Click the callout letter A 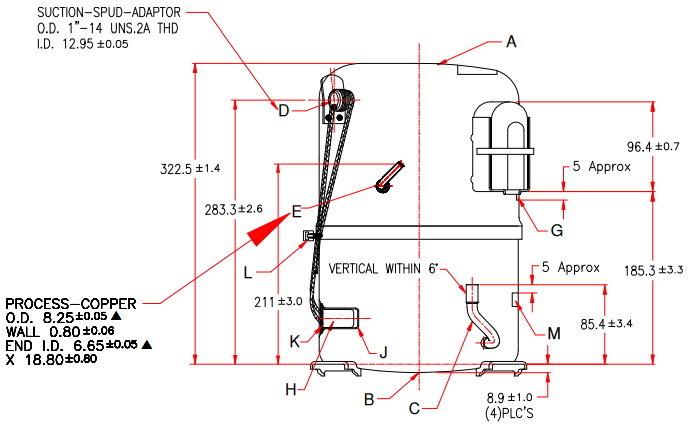pos(511,42)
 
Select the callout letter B pos(369,400)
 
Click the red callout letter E pos(296,211)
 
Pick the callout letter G pos(557,230)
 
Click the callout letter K pos(294,341)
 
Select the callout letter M pos(554,331)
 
